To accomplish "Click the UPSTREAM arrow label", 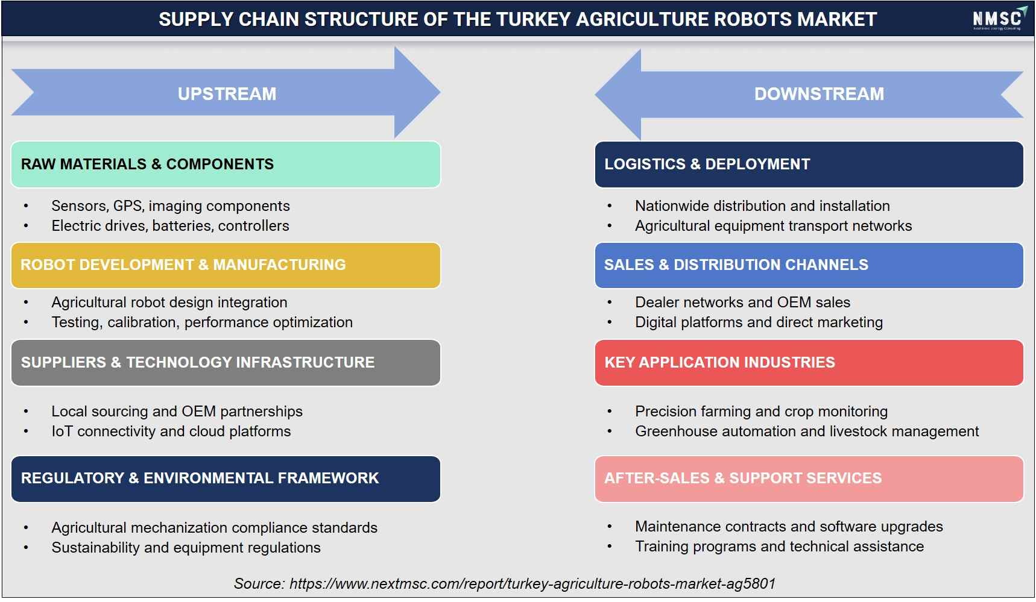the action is coord(227,94).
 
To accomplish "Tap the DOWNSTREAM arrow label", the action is coord(819,94).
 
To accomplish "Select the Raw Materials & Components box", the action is coord(226,165).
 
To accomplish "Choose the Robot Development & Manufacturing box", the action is coord(226,265).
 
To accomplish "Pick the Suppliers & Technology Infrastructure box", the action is coord(226,363).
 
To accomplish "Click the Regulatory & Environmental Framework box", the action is coord(226,478).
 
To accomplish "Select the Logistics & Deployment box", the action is coord(809,165).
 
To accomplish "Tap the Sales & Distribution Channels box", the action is coord(809,265).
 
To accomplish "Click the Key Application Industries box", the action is coord(809,363).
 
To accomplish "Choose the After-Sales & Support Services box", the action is coord(809,478).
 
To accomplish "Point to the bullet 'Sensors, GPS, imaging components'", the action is coord(171,206).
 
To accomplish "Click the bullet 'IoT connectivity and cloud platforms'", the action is coord(171,431).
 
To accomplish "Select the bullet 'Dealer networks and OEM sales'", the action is coord(742,303).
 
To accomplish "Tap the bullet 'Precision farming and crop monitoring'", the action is coord(761,412).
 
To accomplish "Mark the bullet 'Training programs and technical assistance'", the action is coord(779,547).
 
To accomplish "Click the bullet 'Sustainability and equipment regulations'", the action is coord(186,548).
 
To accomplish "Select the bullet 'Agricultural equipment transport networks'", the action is coord(773,226).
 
